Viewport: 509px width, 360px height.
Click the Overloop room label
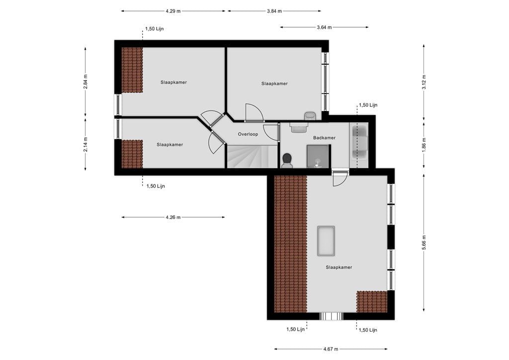[x=248, y=134]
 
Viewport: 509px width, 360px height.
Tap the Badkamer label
[x=324, y=138]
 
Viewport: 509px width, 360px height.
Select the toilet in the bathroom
[x=287, y=161]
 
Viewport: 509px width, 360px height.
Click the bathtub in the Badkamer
[x=359, y=142]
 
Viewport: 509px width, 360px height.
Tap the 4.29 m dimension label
[x=173, y=10]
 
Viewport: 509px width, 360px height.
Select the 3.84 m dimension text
[x=274, y=10]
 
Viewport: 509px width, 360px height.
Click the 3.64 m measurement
[x=324, y=27]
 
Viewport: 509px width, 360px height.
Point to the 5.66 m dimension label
[x=424, y=243]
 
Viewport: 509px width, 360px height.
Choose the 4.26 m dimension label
[x=173, y=217]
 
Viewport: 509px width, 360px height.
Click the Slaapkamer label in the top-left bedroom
[x=173, y=82]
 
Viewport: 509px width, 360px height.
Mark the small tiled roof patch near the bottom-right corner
[x=372, y=301]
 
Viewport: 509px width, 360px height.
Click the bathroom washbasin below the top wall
[x=298, y=128]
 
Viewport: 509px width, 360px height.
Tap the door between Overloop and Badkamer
[x=271, y=132]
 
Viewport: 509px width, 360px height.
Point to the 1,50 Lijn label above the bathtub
[x=368, y=105]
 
